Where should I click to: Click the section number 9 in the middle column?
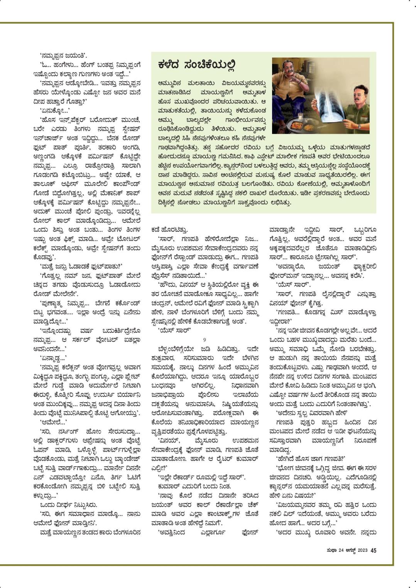pos(205,340)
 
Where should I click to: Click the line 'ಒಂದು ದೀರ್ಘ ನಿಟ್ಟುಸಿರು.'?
pos(68,504)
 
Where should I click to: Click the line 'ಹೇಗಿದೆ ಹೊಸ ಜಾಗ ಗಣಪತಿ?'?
pos(310,458)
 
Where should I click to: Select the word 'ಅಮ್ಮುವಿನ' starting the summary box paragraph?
pos(170,83)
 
